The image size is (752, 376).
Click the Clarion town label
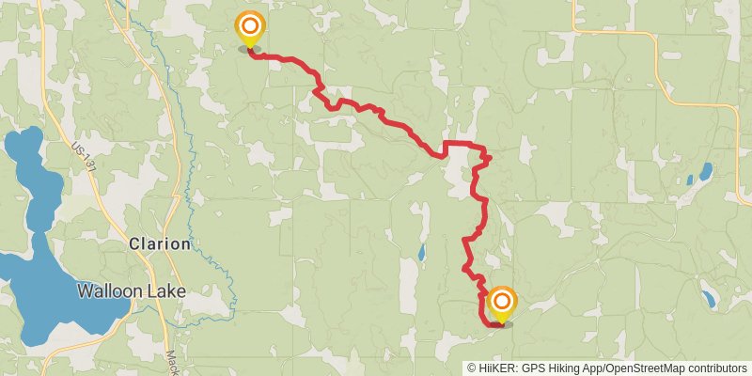tap(160, 243)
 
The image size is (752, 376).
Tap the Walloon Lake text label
tap(132, 290)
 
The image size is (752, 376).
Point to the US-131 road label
tap(84, 157)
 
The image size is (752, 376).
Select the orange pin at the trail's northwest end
tap(249, 28)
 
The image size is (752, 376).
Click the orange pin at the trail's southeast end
tap(503, 303)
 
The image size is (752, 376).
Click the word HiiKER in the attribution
tap(496, 368)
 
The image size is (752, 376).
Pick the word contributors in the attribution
tap(715, 368)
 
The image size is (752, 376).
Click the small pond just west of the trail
tap(421, 253)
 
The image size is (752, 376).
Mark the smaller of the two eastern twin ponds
tap(691, 179)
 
